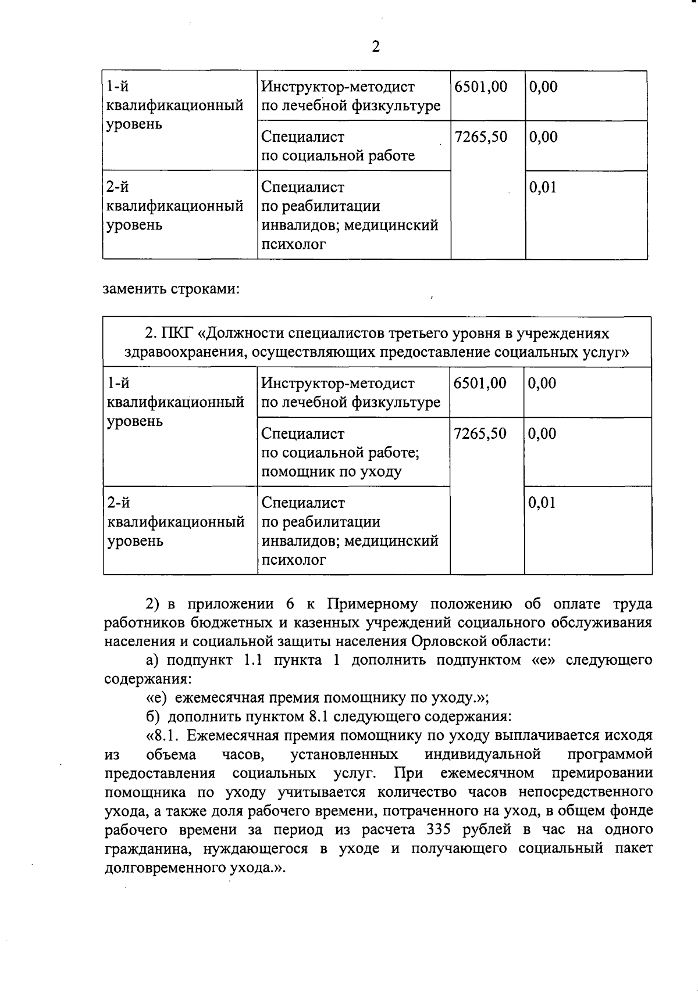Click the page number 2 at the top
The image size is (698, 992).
pos(375,46)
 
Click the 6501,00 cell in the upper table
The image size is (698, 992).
pos(480,87)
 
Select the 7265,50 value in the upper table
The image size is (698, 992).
pos(480,137)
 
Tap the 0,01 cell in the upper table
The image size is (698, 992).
pos(542,187)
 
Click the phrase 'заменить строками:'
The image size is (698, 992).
pos(171,289)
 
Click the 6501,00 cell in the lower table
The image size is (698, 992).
pos(480,384)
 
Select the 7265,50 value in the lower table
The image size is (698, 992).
pos(480,434)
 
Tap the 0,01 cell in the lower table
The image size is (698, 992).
pos(542,503)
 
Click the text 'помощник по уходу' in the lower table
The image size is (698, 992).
pos(331,471)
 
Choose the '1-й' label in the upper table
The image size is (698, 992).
pos(118,87)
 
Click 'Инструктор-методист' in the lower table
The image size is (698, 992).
pos(337,384)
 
